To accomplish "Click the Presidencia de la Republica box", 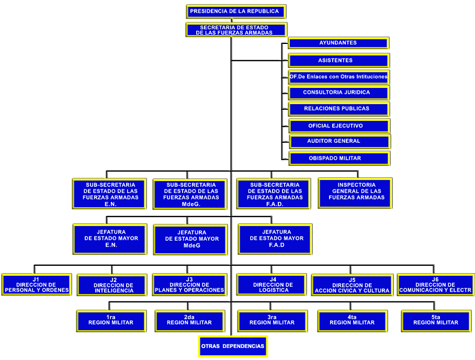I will tap(236, 11).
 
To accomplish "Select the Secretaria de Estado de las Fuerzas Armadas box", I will tap(236, 30).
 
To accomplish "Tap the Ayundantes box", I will tap(338, 43).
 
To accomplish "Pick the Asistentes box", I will tap(338, 60).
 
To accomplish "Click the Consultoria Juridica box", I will tap(338, 93).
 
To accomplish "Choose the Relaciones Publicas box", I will tap(338, 109).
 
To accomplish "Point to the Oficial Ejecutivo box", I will tap(338, 126).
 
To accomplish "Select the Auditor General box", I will tap(339, 141).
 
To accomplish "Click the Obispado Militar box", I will tap(338, 158).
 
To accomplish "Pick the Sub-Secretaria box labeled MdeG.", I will tap(190, 194).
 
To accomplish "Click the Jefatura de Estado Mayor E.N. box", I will tap(110, 239).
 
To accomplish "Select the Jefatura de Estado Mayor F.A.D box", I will tap(275, 239).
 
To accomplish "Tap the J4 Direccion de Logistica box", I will tap(272, 285).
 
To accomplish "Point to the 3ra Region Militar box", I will tap(271, 320).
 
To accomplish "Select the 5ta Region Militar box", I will tap(436, 320).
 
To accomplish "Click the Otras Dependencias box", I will tap(233, 346).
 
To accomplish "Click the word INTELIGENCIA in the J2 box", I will tap(114, 290).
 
